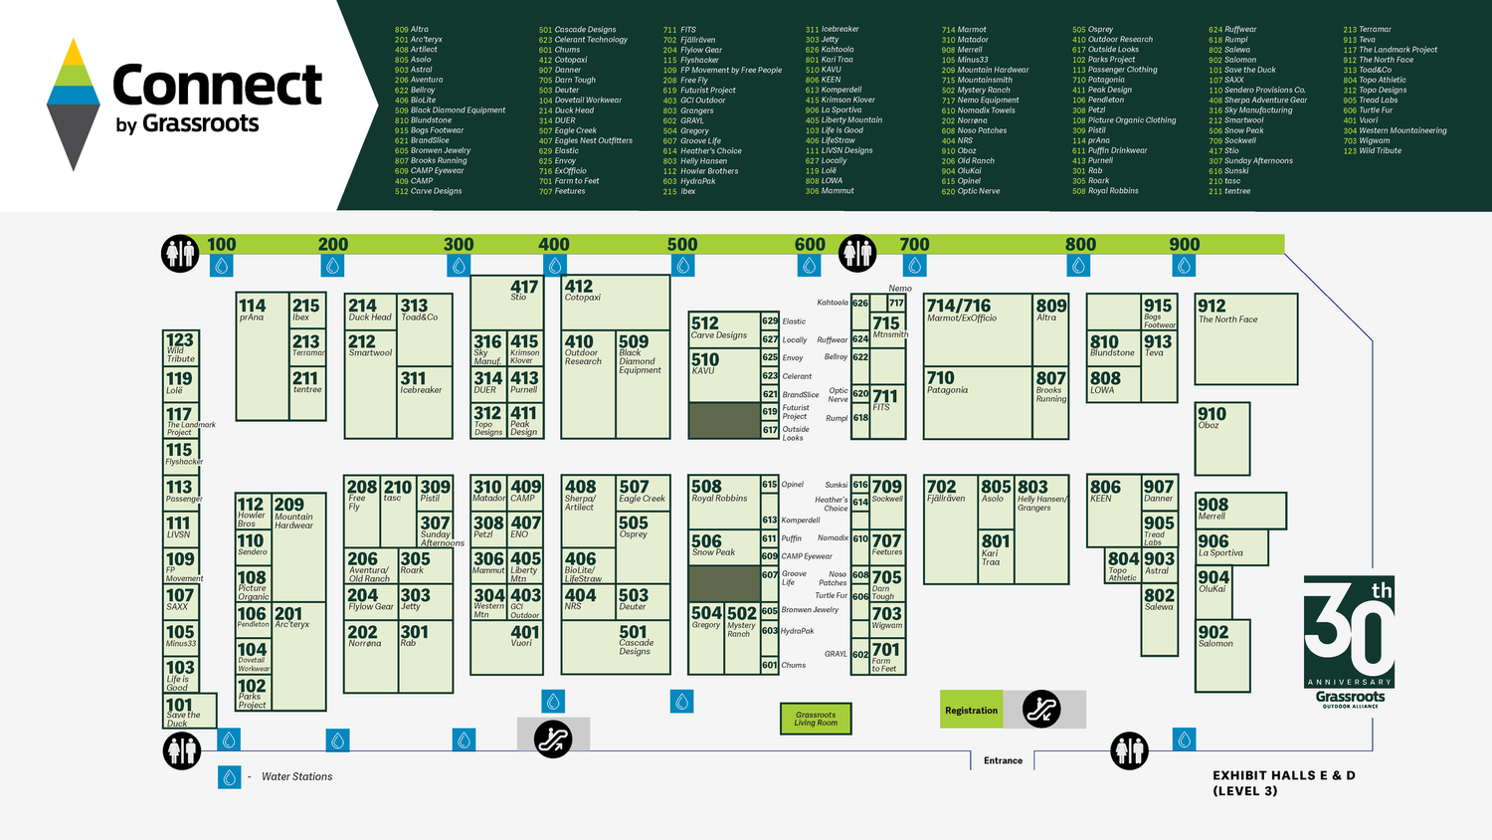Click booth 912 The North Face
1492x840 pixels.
(1245, 338)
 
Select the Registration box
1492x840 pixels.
(971, 711)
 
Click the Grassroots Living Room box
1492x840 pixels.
(816, 719)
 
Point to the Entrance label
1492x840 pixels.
(1003, 760)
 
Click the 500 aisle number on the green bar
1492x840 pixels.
(682, 245)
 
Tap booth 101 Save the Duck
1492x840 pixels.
(189, 712)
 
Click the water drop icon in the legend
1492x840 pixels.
(230, 776)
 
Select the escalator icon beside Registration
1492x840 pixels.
(1041, 710)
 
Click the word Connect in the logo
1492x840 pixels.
(217, 86)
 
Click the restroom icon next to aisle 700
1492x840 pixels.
(857, 254)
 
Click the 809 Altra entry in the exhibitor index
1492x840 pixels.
(412, 30)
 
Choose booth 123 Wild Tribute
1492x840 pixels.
(180, 346)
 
